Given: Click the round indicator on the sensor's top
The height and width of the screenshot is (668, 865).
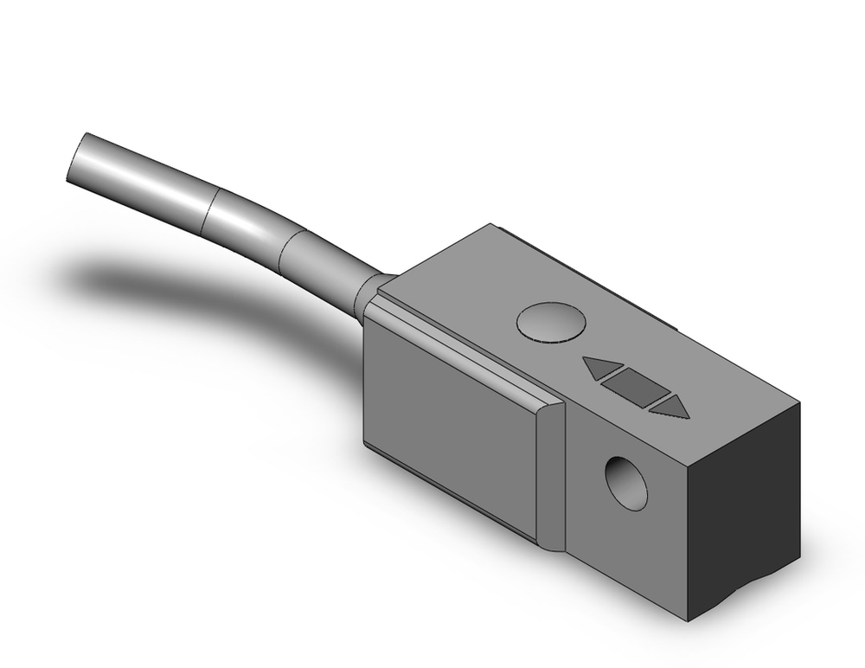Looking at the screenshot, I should coord(551,323).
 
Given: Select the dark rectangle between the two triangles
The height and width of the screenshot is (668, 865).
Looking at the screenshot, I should coord(633,386).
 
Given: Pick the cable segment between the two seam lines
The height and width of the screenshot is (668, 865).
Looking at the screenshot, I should coord(247,227).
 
